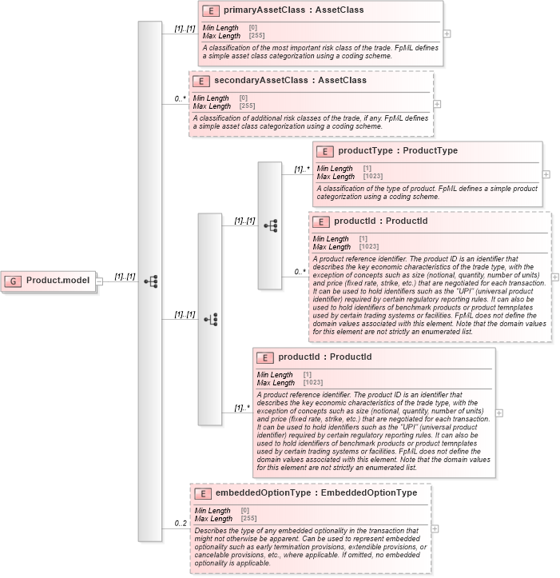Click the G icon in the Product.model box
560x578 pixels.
14,281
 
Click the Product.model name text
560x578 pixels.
58,281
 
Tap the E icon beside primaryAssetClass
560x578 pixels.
212,11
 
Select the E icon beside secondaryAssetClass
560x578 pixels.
203,81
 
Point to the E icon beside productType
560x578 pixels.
325,151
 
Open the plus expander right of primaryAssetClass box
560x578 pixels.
447,34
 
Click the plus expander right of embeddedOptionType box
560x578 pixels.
435,528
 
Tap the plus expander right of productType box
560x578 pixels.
546,173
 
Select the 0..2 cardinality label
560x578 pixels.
181,524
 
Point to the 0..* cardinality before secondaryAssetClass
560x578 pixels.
181,99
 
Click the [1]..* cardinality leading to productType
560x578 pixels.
302,169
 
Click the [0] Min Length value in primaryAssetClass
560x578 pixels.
252,28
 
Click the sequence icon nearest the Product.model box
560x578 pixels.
150,281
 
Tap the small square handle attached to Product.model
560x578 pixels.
99,281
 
